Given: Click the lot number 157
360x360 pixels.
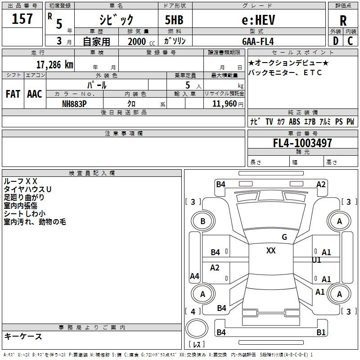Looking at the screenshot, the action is tap(22, 18).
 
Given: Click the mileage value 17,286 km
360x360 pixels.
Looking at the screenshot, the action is tap(55, 64).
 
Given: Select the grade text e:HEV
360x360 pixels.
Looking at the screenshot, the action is tap(258, 20).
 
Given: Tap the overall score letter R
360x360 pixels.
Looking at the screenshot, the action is tap(343, 20).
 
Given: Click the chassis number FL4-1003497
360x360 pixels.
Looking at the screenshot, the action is tap(302, 143).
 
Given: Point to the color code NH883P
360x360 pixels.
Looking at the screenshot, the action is tap(74, 104).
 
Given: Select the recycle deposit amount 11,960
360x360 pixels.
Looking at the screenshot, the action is tap(224, 103).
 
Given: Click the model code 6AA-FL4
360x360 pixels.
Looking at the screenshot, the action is tap(258, 41).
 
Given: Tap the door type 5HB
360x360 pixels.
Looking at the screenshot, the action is tap(174, 20).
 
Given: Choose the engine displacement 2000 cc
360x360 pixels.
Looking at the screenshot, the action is tap(141, 41).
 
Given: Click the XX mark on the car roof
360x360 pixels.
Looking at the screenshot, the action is tap(271, 250).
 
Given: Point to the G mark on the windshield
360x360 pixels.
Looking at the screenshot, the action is tap(284, 237).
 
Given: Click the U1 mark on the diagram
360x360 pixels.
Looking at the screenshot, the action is tap(316, 260).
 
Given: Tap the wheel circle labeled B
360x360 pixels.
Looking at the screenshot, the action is tap(203, 221).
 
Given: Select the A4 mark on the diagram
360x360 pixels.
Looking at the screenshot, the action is tap(194, 276).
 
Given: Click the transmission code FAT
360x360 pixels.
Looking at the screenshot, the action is tap(13, 94).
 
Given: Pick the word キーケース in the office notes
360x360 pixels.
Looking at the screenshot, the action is tap(23, 336).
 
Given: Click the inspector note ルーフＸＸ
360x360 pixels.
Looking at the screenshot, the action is tap(20, 181).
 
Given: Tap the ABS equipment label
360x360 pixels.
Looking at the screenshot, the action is tap(294, 121).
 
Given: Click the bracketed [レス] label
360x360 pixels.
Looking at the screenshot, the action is tap(197, 344).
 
